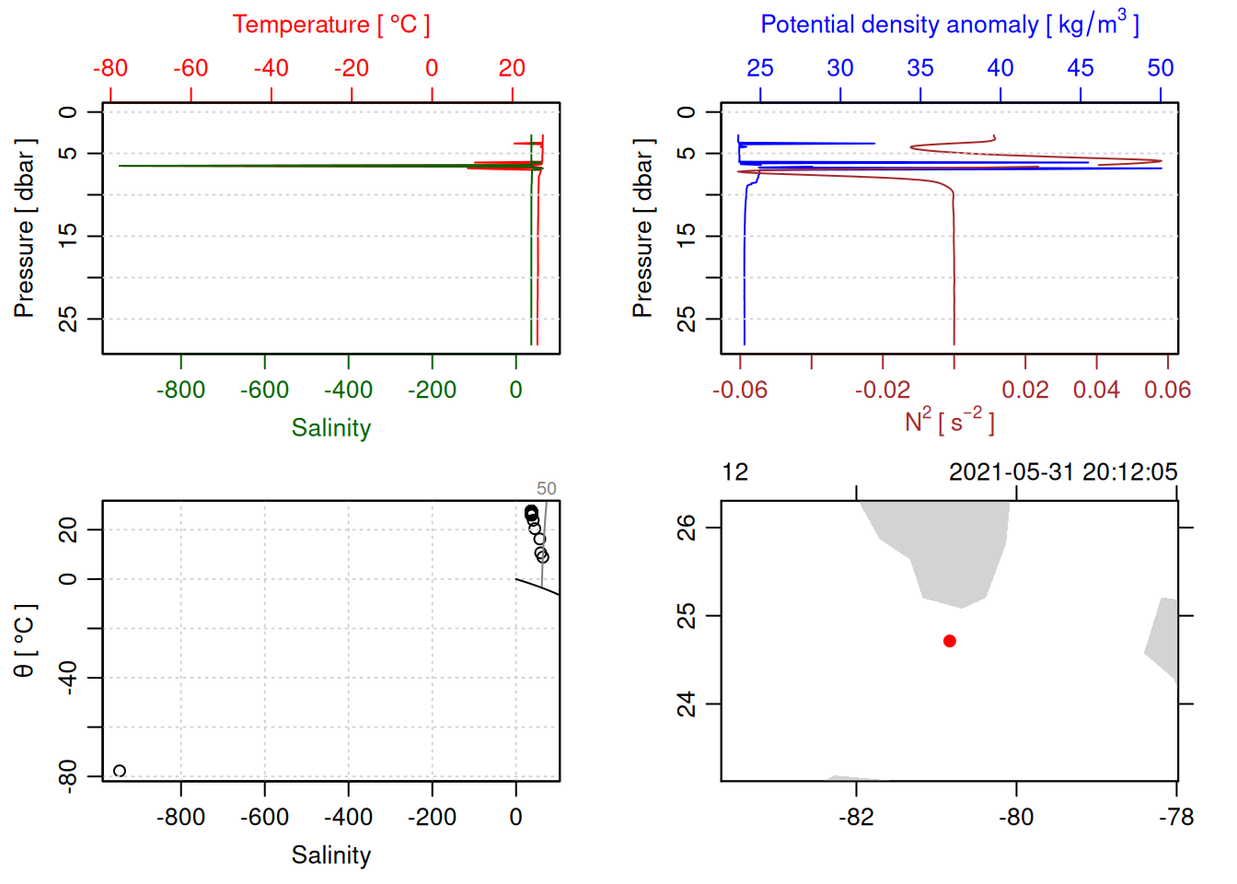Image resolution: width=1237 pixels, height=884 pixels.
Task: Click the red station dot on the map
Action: pyautogui.click(x=950, y=641)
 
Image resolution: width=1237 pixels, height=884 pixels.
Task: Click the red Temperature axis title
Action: pyautogui.click(x=330, y=24)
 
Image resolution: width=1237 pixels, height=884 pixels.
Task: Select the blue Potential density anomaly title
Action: pyautogui.click(x=949, y=24)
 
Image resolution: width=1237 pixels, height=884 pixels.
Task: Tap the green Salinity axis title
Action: pyautogui.click(x=330, y=428)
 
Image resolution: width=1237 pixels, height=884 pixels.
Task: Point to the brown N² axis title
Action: pyautogui.click(x=949, y=422)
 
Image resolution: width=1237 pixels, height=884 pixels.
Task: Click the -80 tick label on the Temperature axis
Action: pyautogui.click(x=110, y=68)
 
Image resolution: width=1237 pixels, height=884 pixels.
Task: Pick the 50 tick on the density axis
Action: pyautogui.click(x=1161, y=68)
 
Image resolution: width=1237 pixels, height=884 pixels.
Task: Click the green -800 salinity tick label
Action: pyautogui.click(x=180, y=390)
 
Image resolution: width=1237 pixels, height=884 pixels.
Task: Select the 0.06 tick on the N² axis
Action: pyautogui.click(x=1167, y=390)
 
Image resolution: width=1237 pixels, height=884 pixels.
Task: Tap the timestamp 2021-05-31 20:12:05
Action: pyautogui.click(x=1063, y=472)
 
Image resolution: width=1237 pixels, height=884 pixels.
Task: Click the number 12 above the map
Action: pyautogui.click(x=734, y=472)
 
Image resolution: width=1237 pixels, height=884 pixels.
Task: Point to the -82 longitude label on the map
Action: pyautogui.click(x=856, y=818)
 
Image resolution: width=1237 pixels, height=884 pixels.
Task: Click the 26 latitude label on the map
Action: pyautogui.click(x=687, y=528)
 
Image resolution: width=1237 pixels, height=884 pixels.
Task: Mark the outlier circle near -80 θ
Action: pyautogui.click(x=120, y=771)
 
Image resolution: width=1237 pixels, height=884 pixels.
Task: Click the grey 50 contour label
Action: pyautogui.click(x=547, y=489)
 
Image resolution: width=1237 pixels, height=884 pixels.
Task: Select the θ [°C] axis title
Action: pyautogui.click(x=24, y=641)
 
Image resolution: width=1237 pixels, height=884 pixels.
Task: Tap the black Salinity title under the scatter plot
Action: pyautogui.click(x=330, y=855)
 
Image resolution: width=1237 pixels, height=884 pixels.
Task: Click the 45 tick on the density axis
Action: pyautogui.click(x=1081, y=68)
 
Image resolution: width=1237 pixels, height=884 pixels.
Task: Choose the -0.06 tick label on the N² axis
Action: pyautogui.click(x=740, y=390)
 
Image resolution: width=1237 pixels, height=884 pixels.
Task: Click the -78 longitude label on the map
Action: pyautogui.click(x=1176, y=818)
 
